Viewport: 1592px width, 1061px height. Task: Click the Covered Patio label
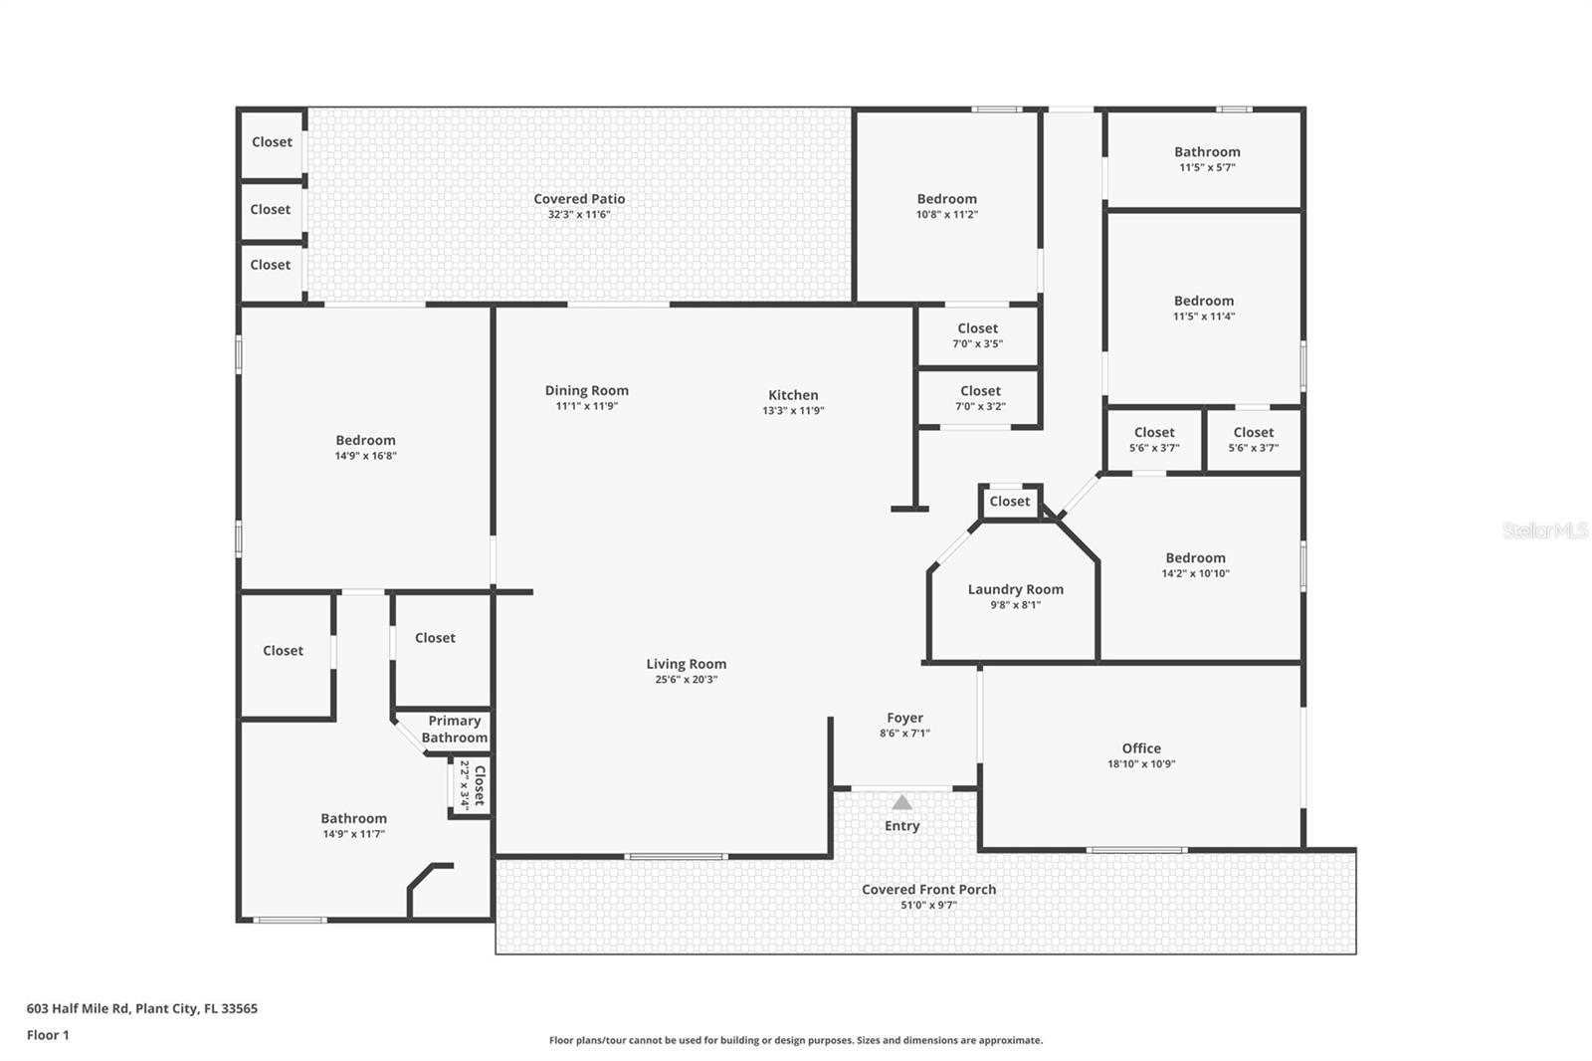click(579, 199)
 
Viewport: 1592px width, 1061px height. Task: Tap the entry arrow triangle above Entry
click(901, 802)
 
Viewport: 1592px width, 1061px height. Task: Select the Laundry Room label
click(1015, 589)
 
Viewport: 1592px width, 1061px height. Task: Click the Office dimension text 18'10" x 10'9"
click(1141, 764)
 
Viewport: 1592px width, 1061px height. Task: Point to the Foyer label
click(904, 718)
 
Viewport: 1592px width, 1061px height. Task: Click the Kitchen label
click(793, 395)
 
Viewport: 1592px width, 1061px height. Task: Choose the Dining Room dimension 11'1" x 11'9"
click(586, 406)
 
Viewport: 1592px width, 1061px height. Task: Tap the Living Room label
click(686, 664)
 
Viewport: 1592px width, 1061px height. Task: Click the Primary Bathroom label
click(454, 729)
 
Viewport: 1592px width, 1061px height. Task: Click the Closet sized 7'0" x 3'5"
click(977, 335)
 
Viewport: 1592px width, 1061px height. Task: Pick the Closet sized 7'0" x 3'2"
click(980, 398)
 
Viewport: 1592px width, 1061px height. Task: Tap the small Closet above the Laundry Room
click(1009, 502)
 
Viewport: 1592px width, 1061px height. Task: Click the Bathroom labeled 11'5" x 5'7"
click(1207, 159)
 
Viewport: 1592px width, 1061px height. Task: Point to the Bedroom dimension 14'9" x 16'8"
click(365, 456)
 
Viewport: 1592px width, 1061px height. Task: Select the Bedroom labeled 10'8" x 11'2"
click(946, 206)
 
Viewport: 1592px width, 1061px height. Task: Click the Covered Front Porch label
click(928, 890)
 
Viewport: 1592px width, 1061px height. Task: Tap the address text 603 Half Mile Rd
click(141, 1008)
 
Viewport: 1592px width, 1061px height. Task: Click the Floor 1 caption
click(48, 1035)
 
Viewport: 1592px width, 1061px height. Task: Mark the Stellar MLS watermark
click(1544, 530)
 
